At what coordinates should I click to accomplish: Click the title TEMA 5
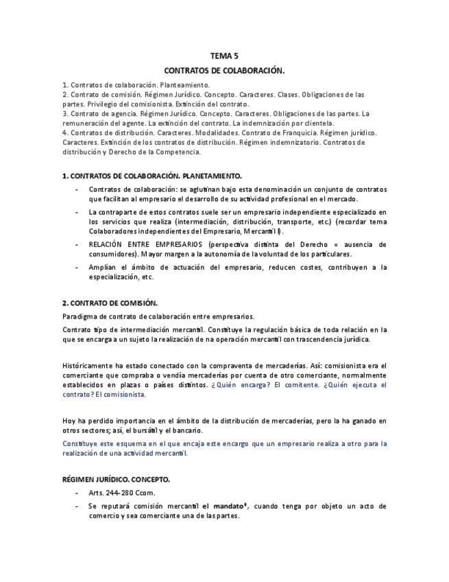224,56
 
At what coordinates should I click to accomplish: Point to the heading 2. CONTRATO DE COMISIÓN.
110,303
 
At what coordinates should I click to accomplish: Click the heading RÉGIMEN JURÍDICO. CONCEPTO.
116,478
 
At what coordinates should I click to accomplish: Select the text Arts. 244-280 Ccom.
122,493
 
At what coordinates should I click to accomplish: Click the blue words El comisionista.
121,395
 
